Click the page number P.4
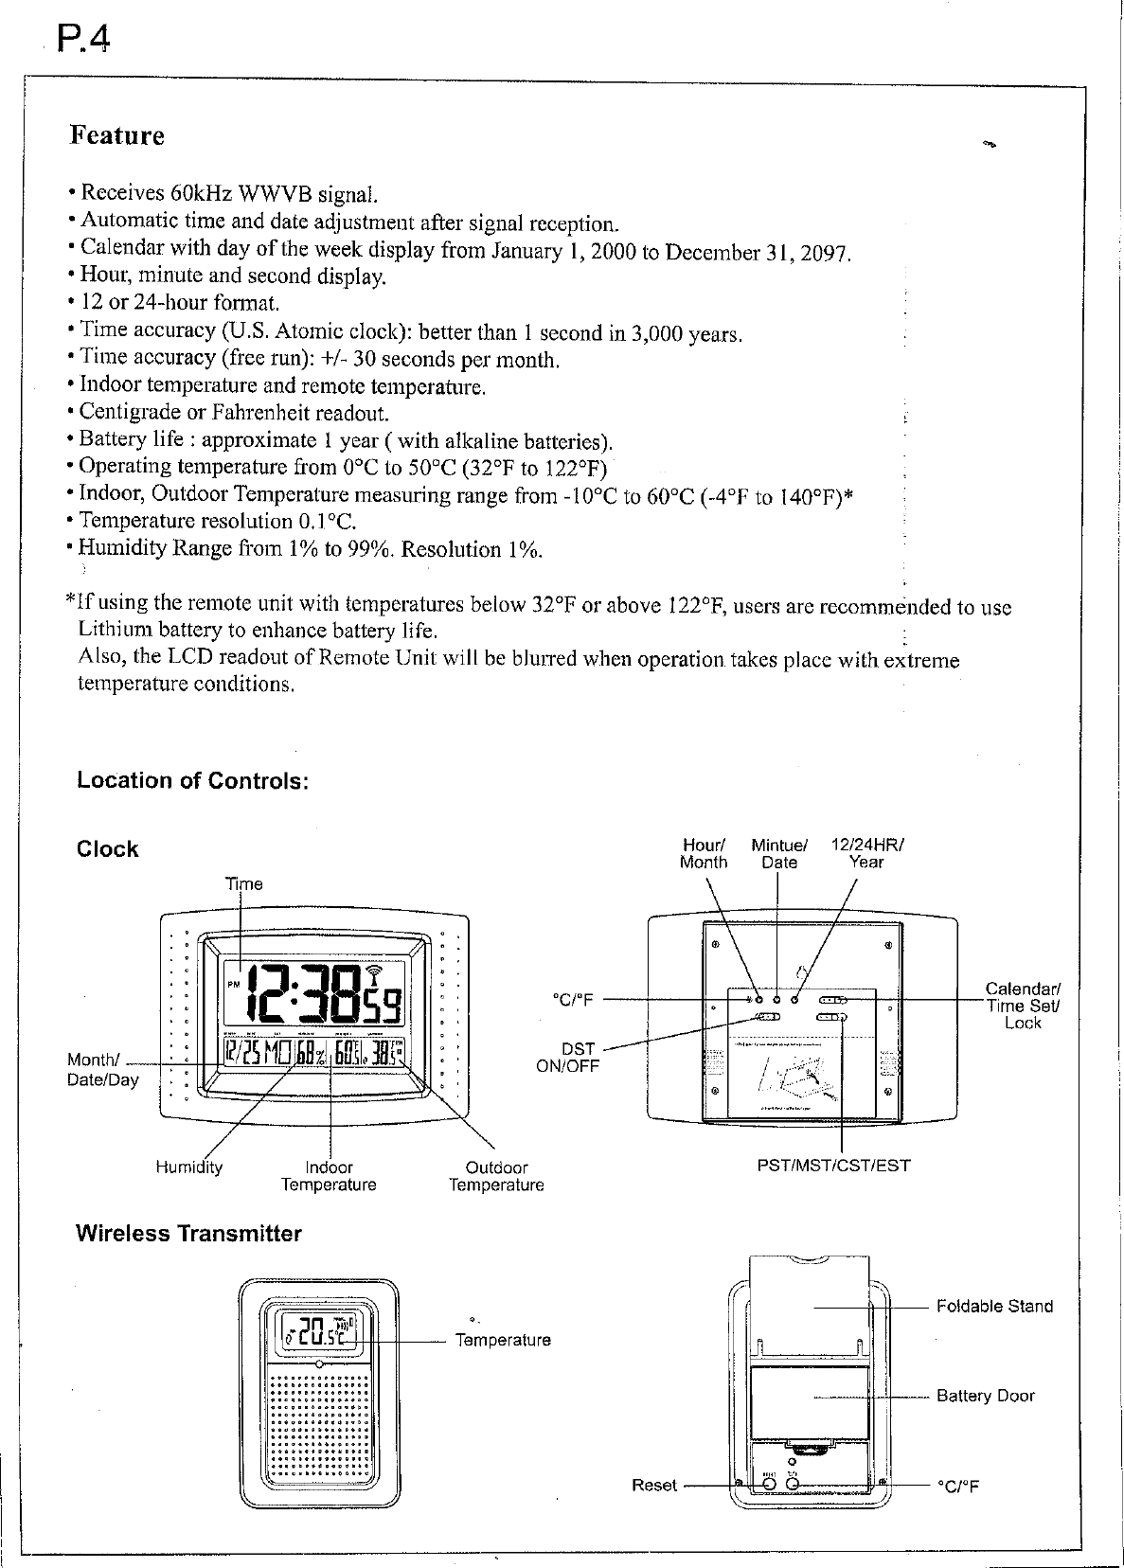coord(82,40)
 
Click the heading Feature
coord(117,136)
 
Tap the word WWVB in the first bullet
coord(276,194)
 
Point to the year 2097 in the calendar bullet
coord(826,254)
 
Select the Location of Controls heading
coord(193,781)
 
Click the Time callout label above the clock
coord(243,883)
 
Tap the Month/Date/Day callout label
coord(102,1070)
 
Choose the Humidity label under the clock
coord(188,1167)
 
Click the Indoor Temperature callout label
coord(329,1176)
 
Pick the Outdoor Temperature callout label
coord(496,1176)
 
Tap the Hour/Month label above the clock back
coord(704,853)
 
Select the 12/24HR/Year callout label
coord(866,853)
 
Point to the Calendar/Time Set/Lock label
coord(1024,1007)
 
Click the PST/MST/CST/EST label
coord(833,1166)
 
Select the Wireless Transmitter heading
coord(188,1234)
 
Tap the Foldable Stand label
coord(994,1307)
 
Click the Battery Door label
coord(985,1396)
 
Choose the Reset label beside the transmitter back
coord(654,1485)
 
